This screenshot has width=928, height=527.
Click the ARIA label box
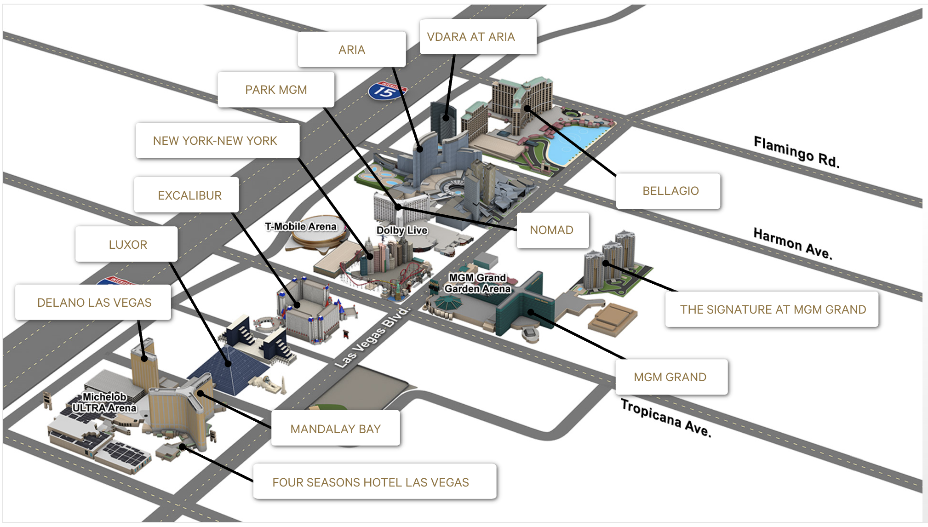tap(352, 50)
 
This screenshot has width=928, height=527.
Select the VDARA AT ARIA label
tap(471, 37)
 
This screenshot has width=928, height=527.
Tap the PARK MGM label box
tap(276, 90)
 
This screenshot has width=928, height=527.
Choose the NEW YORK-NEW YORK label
tap(215, 141)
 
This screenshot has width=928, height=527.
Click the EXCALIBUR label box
tap(189, 195)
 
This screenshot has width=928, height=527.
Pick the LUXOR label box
tap(128, 245)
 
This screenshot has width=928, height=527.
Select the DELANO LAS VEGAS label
tap(94, 303)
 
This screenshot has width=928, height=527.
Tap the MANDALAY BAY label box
tap(335, 429)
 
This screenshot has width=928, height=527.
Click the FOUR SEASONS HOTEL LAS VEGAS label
tap(371, 482)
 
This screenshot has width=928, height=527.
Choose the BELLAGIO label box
tap(670, 191)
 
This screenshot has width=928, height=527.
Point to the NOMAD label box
tap(551, 230)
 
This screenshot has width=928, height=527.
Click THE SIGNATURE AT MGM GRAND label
tap(773, 309)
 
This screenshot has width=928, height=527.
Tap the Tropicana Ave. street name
tap(666, 418)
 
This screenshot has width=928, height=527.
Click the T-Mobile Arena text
tap(301, 226)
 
